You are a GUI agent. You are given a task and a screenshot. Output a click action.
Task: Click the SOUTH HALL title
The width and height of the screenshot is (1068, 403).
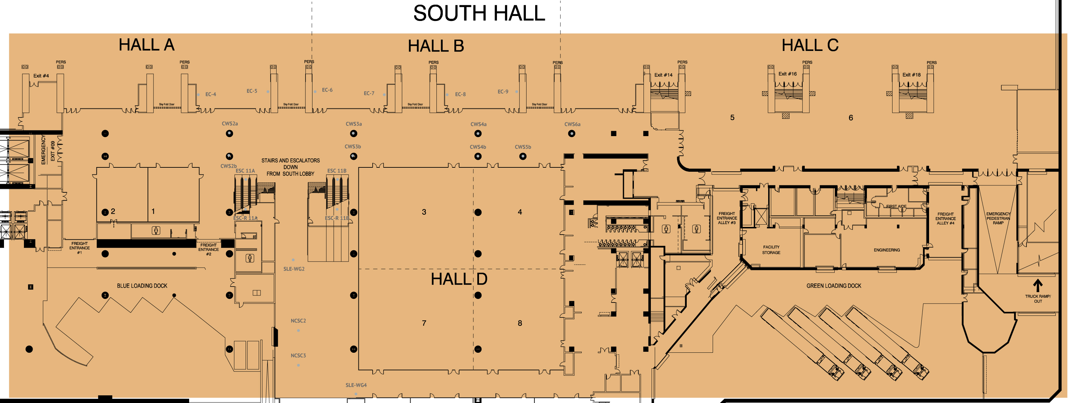click(479, 13)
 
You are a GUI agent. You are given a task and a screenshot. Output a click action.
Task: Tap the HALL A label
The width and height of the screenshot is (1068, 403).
click(146, 45)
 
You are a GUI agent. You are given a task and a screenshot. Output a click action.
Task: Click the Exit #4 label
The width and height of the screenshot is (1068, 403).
click(41, 76)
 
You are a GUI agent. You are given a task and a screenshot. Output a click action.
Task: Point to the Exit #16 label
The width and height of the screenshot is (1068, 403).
click(787, 74)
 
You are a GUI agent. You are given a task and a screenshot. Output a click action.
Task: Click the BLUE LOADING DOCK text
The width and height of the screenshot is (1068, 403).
click(142, 286)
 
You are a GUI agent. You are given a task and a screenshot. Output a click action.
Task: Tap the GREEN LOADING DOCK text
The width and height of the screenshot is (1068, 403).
click(833, 286)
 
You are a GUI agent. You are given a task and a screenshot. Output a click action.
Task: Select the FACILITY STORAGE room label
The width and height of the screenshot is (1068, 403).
click(771, 250)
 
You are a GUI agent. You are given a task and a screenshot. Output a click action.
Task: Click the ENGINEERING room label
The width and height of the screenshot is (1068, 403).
click(887, 250)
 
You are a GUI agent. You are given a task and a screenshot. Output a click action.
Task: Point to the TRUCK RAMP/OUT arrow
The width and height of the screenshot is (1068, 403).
click(1037, 286)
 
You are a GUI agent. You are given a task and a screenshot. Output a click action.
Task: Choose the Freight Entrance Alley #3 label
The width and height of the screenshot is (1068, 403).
click(726, 218)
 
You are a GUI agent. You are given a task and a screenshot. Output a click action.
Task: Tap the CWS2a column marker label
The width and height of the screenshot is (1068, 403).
click(230, 124)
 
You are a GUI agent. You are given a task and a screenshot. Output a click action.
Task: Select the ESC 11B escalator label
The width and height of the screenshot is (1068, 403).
click(337, 171)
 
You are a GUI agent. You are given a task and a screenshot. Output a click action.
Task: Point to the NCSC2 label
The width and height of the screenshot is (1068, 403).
click(298, 321)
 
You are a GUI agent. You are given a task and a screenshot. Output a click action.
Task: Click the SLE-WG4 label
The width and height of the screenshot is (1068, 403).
click(356, 385)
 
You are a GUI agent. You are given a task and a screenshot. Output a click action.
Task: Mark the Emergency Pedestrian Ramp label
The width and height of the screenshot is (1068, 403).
click(998, 219)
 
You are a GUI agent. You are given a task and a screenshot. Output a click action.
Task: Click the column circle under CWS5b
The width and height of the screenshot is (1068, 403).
click(523, 156)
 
